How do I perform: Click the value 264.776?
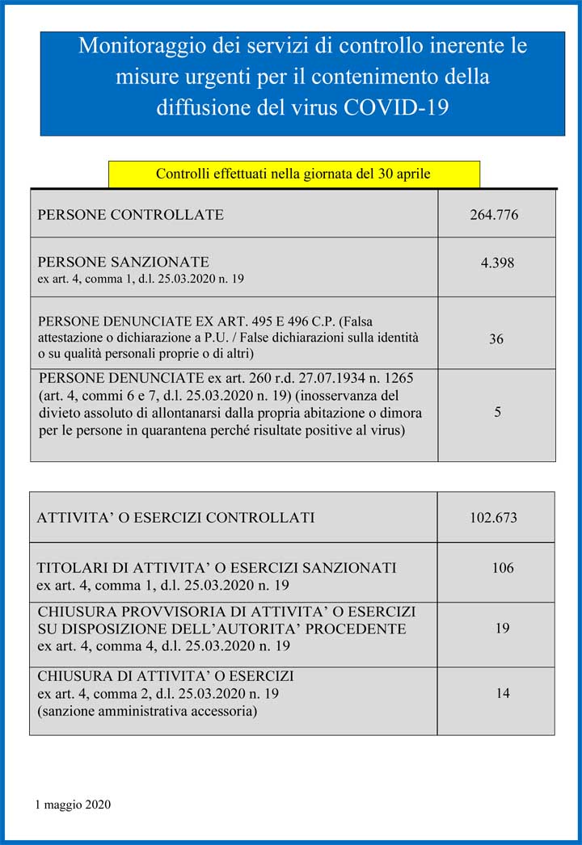pos(494,215)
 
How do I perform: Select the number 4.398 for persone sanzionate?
pos(497,263)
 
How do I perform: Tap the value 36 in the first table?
pos(496,339)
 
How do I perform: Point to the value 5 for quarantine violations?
pos(497,412)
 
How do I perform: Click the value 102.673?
pos(493,518)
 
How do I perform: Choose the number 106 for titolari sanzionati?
pos(503,568)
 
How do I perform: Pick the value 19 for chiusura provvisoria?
pos(503,628)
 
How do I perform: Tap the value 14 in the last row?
pos(503,693)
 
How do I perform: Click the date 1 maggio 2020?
pos(74,805)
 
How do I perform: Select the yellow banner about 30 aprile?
pos(293,174)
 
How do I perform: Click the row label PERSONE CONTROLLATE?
pos(131,215)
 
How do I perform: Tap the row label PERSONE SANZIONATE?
pos(124,262)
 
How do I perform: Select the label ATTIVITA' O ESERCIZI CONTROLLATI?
pos(175,518)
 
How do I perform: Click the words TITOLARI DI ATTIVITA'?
pos(126,568)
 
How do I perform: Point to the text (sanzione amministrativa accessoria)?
pos(147,712)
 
